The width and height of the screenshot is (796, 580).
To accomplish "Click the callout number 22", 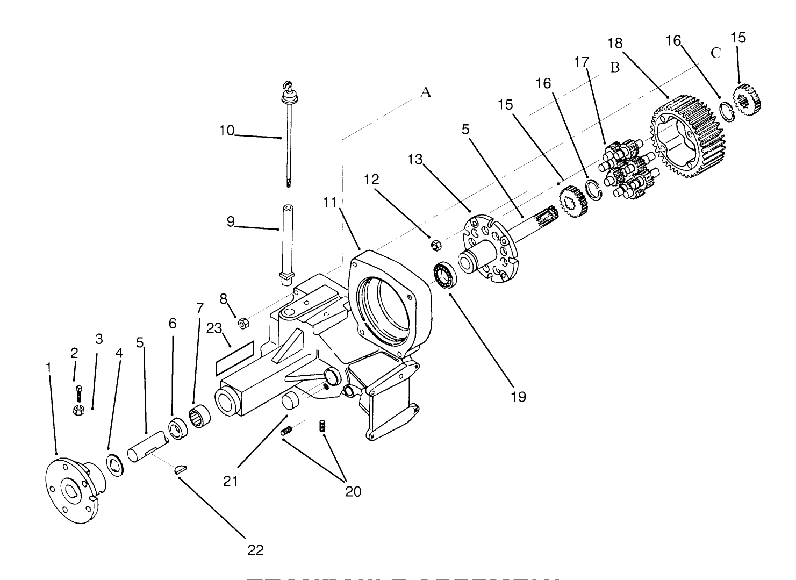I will click(x=255, y=550).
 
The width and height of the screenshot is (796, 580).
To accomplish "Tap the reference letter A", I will click(x=426, y=92).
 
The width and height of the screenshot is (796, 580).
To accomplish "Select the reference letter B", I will click(x=615, y=68).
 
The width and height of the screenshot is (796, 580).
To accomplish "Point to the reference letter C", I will click(x=715, y=53).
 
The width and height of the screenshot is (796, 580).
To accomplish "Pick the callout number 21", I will click(x=231, y=481).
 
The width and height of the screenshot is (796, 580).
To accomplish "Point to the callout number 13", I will click(x=415, y=160).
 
